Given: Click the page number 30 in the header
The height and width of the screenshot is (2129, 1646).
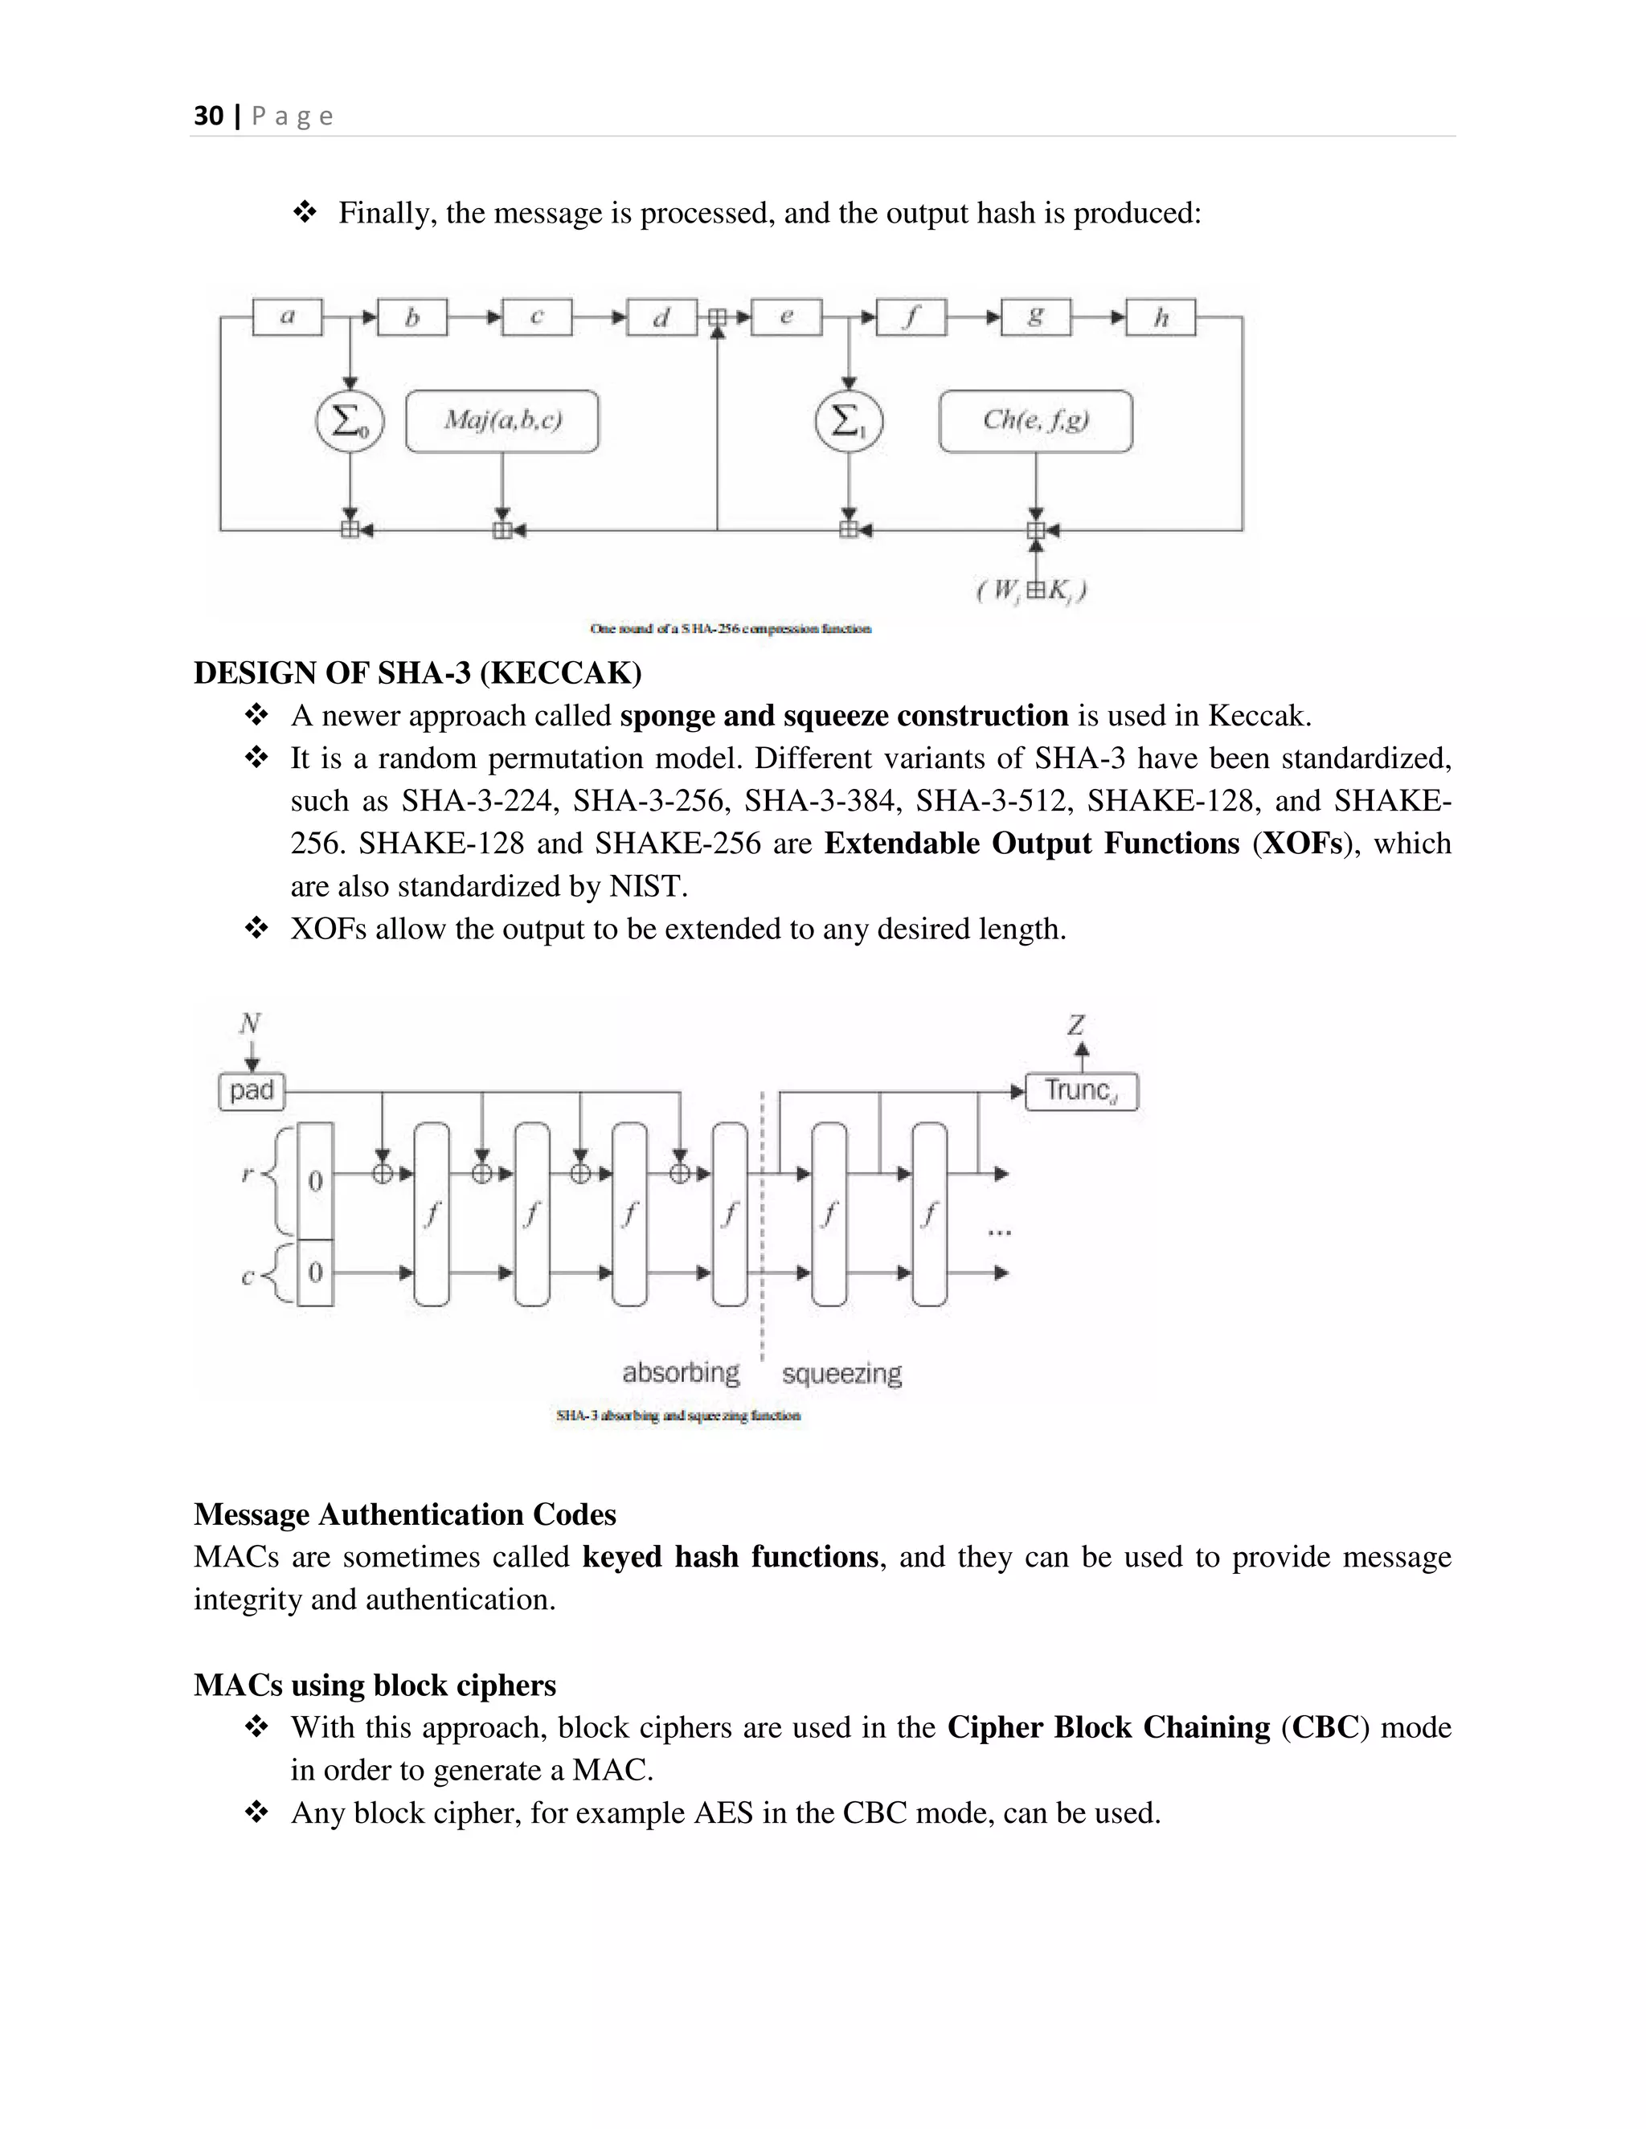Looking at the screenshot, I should coord(209,116).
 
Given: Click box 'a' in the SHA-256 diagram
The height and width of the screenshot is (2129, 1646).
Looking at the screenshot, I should coord(288,317).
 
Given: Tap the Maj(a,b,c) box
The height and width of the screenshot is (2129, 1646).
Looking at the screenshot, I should coord(502,421).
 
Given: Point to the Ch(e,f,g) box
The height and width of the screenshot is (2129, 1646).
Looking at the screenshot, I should coord(1035,421).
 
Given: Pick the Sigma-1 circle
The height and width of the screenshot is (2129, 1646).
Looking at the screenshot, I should coord(849,421).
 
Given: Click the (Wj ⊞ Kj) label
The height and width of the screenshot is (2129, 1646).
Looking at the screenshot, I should coord(1032,590).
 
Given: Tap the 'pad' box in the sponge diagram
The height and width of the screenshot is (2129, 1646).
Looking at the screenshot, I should coord(252,1091).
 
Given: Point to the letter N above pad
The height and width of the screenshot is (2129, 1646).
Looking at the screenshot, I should coord(251,1024).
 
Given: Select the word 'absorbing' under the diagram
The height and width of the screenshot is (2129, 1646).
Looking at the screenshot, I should coord(681,1372).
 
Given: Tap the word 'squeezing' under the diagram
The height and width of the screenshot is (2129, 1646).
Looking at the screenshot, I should coord(841,1374).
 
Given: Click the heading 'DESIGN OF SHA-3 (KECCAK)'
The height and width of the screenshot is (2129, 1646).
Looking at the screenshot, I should coord(417,672).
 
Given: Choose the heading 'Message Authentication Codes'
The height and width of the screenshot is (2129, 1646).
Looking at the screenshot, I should coord(405,1514).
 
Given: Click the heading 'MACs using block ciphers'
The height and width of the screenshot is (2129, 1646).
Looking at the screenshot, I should coord(375,1686).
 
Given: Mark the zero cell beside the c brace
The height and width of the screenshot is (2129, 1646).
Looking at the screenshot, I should coord(315,1272).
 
